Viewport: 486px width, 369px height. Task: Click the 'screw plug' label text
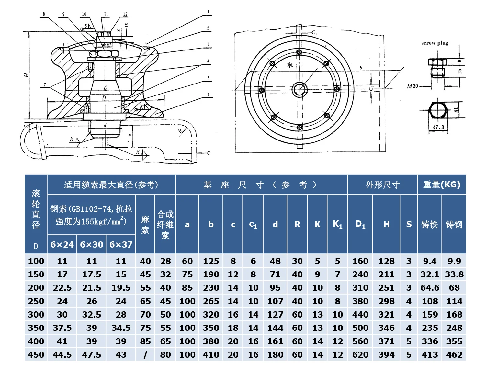pos(435,43)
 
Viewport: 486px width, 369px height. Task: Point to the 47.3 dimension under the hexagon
pos(438,127)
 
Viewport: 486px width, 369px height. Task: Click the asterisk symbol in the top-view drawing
pos(290,65)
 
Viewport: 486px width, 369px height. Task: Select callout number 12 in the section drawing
pos(125,14)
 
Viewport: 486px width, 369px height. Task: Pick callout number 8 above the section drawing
pos(44,14)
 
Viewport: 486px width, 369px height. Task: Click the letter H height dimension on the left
pos(26,75)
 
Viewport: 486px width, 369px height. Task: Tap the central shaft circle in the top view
pos(299,90)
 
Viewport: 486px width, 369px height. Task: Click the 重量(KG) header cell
pos(442,185)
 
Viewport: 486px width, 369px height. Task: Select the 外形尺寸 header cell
pos(382,185)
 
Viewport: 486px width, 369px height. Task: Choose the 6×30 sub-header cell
pos(92,245)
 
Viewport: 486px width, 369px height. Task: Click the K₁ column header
pos(337,224)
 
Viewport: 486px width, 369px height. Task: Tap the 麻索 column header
pos(145,224)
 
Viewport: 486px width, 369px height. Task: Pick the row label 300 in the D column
pos(36,315)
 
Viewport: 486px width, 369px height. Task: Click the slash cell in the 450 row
pos(145,355)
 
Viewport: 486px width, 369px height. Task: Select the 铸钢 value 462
pos(454,355)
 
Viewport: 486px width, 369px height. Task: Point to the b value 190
pos(211,274)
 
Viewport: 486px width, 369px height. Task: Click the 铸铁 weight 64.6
pos(430,288)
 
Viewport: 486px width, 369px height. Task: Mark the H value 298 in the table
pos(386,301)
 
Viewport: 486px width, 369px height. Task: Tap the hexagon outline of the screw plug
pos(438,110)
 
